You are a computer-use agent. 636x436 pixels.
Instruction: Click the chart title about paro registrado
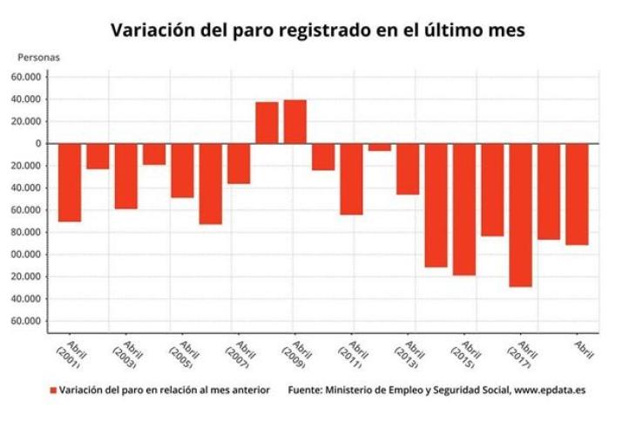click(x=318, y=31)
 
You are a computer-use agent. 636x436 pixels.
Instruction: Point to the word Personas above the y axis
click(x=38, y=58)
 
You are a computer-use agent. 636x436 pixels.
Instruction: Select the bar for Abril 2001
click(x=70, y=182)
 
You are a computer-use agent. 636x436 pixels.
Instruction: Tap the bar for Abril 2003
click(x=126, y=176)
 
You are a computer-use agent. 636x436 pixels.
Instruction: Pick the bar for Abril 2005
click(x=182, y=170)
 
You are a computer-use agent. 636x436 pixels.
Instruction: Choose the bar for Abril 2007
click(x=239, y=163)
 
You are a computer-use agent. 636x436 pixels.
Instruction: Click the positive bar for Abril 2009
click(x=294, y=121)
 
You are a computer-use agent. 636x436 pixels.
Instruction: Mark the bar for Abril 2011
click(x=351, y=179)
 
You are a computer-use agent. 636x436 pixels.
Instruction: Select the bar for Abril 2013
click(x=408, y=168)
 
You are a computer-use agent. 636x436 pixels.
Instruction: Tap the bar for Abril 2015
click(x=463, y=209)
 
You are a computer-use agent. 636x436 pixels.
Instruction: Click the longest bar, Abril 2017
click(x=520, y=215)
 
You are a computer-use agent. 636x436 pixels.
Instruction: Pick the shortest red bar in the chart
click(x=380, y=147)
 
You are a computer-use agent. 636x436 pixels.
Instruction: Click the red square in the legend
click(x=53, y=391)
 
